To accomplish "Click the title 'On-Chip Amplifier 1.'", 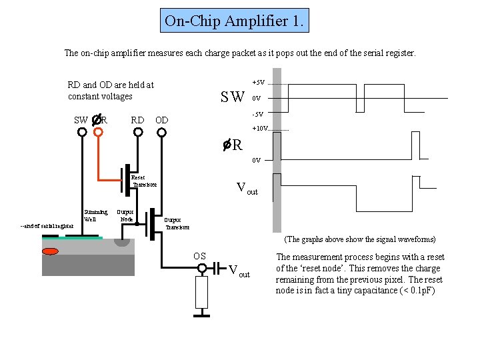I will [x=235, y=21].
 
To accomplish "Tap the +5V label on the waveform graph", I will [x=258, y=83].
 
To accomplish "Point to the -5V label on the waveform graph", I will [x=258, y=113].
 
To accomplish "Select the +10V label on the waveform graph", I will [x=259, y=128].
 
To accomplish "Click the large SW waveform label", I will [x=233, y=98].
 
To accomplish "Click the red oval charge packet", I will [x=50, y=251].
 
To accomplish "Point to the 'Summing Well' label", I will [x=95, y=215].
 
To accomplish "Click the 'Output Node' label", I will [x=126, y=215].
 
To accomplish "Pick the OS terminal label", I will [x=199, y=256].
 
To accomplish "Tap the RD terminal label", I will [x=137, y=120].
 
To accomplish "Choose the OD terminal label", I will [x=161, y=120].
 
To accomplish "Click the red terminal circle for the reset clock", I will [x=99, y=132].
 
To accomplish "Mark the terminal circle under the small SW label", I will [x=82, y=132].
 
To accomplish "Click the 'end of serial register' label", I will [x=47, y=225].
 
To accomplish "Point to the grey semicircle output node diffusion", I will [x=122, y=241].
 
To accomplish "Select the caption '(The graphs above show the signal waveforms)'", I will [x=360, y=239].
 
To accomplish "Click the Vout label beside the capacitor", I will [x=239, y=271].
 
